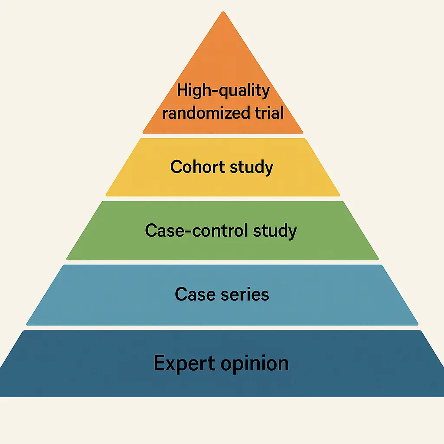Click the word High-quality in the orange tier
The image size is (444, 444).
[223, 91]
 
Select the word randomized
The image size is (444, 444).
[201, 113]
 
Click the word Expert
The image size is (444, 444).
[184, 363]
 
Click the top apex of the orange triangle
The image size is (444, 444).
[223, 12]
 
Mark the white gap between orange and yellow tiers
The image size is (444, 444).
[223, 136]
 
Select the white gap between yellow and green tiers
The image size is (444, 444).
[223, 199]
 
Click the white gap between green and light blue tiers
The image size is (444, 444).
[223, 262]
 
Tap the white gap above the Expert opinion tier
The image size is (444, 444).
[223, 328]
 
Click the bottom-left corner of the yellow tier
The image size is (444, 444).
[107, 195]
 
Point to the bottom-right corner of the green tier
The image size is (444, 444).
[378, 259]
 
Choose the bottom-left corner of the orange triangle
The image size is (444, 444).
[144, 132]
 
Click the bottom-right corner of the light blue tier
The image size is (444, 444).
[418, 324]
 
